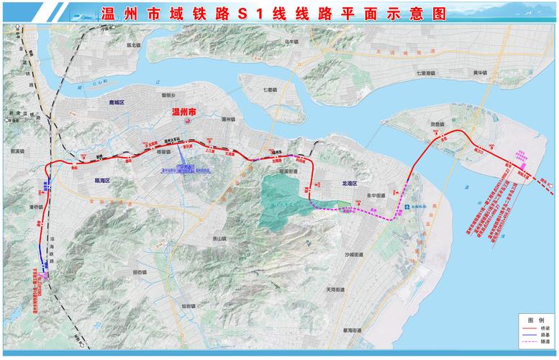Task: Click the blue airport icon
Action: (409, 207)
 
